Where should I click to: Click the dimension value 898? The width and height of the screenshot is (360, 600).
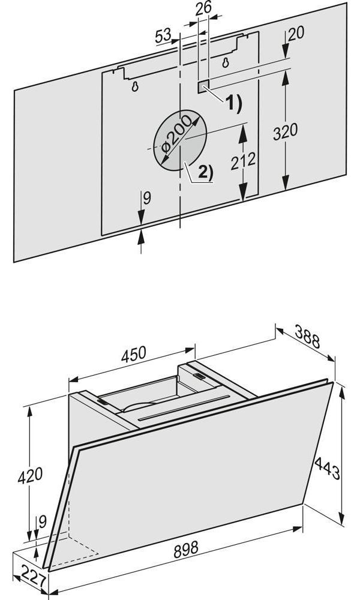186,550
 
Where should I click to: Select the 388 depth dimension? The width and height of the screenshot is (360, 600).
307,336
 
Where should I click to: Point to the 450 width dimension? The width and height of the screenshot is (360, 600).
134,355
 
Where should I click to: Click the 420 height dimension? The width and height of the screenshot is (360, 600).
30,476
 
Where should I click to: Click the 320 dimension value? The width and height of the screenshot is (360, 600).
285,131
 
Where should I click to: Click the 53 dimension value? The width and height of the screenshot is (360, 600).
163,36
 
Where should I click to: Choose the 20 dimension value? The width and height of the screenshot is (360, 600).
296,34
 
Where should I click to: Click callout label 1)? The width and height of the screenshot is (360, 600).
233,104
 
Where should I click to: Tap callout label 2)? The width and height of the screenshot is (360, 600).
205,173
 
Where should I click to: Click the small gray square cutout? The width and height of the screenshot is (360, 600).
204,87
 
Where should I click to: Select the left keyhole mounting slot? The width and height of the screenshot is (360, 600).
134,87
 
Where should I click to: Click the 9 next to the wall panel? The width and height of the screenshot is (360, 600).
147,198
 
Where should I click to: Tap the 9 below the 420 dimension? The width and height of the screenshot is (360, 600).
42,521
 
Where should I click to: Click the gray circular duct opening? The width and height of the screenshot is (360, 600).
180,141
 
